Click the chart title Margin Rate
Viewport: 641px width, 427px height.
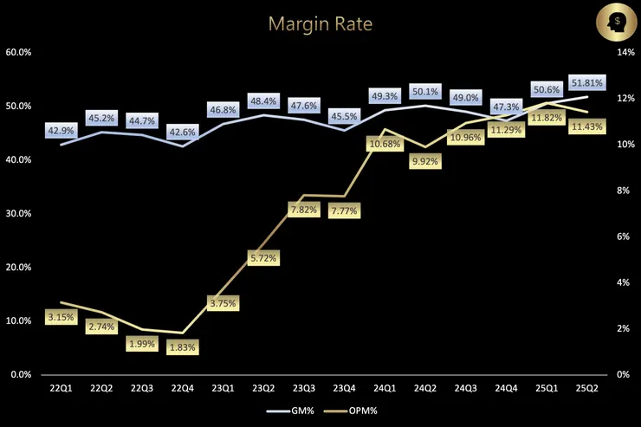[x=320, y=23]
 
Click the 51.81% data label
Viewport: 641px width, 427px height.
[x=587, y=83]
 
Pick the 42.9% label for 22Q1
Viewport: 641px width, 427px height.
[x=61, y=131]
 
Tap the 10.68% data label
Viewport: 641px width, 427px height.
[x=385, y=143]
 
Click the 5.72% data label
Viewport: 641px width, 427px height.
[x=263, y=258]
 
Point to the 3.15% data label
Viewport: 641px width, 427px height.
[x=61, y=316]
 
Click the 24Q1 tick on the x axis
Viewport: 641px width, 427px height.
[x=384, y=389]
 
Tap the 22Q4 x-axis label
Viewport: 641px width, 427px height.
[x=182, y=389]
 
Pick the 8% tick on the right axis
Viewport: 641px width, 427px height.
[x=623, y=191]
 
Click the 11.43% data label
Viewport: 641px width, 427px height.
[x=588, y=126]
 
